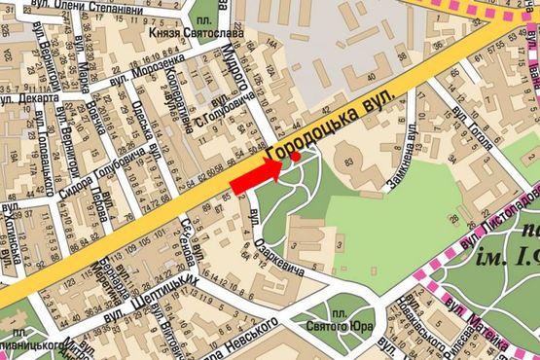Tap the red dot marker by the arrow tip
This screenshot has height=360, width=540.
click(294, 156)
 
